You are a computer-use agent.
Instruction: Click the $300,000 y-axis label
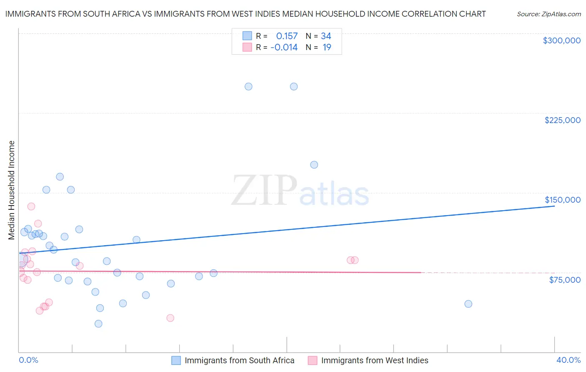(x=561, y=40)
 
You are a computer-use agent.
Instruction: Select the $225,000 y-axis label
(x=562, y=120)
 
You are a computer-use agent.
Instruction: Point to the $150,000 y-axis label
(x=562, y=200)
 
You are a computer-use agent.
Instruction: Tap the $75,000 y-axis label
(x=564, y=280)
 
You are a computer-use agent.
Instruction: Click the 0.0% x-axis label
(x=28, y=360)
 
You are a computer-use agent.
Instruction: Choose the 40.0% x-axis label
(x=568, y=360)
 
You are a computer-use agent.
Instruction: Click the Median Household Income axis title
(x=12, y=190)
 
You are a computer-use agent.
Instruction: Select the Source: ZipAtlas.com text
(x=548, y=14)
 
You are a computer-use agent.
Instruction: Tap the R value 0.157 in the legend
(x=287, y=36)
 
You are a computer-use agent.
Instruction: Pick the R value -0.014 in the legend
(x=284, y=48)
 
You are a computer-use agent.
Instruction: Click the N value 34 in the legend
(x=326, y=36)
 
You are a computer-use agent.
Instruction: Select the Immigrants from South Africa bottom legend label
(x=239, y=360)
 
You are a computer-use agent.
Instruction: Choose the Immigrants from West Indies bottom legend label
(x=374, y=360)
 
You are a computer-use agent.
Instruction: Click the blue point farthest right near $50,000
(x=468, y=304)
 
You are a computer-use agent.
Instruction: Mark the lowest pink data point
(x=170, y=318)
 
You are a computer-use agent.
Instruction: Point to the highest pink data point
(x=31, y=206)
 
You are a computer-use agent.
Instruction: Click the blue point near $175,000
(x=314, y=165)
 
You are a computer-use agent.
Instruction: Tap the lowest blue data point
(x=98, y=324)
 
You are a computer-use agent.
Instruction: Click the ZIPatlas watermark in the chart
(x=300, y=191)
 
